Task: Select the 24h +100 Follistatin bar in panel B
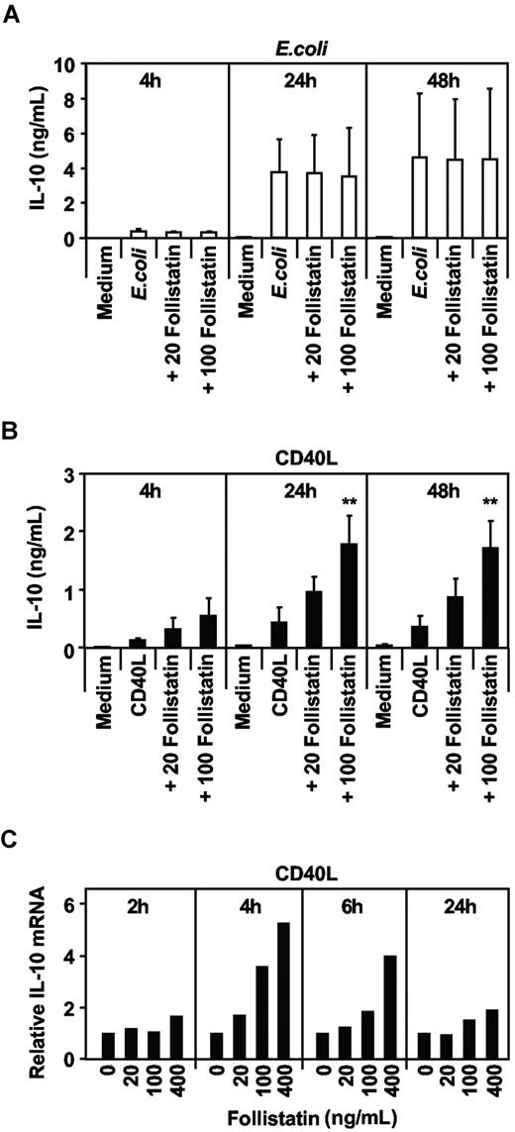pyautogui.click(x=350, y=595)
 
